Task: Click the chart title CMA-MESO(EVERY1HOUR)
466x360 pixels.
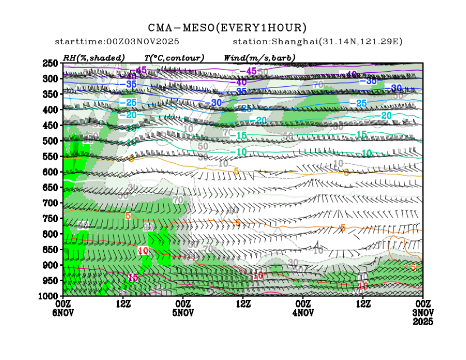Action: coord(227,27)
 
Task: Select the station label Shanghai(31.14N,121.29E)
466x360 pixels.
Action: coord(317,42)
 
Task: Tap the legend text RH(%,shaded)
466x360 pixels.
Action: coord(94,57)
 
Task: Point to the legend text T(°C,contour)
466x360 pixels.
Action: coord(174,57)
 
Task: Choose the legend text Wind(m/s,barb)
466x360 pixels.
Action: coord(259,57)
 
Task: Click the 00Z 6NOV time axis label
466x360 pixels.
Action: coord(63,307)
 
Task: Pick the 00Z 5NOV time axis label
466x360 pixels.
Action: coord(183,307)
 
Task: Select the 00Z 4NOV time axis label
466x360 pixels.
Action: coord(303,307)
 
